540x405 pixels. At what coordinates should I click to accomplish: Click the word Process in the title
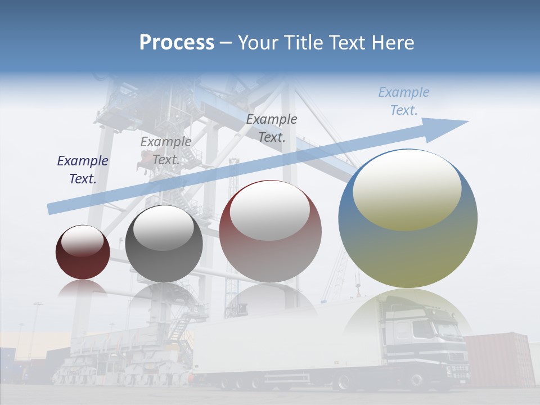177,42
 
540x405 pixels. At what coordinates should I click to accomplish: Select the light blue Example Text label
403,101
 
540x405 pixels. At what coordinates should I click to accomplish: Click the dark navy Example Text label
83,170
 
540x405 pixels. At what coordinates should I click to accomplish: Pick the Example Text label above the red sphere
272,128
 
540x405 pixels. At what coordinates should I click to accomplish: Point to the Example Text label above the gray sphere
166,151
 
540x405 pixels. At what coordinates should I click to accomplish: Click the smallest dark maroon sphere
83,253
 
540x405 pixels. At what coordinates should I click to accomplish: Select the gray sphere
164,244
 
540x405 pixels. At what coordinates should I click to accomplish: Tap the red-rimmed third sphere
271,231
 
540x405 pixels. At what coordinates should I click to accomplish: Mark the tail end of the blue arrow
52,209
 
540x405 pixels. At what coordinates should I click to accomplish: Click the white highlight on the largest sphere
407,190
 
